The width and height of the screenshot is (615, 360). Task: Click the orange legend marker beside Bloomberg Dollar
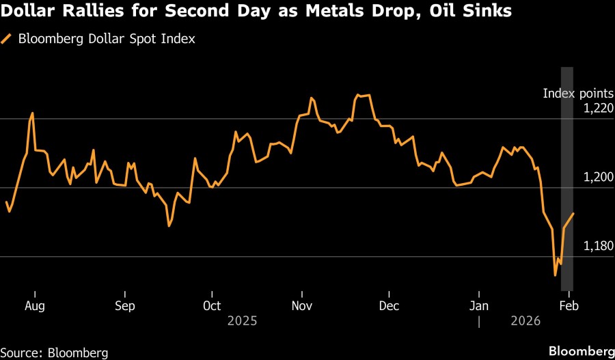tap(7, 39)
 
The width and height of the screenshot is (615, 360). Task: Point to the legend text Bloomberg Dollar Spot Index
tap(107, 39)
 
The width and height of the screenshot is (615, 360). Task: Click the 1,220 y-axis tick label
tap(599, 108)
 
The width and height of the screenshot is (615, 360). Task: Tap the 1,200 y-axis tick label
tap(599, 177)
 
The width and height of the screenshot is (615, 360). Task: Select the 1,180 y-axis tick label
tap(599, 246)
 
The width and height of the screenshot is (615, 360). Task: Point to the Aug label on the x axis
tap(34, 305)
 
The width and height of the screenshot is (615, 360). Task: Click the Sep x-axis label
tap(125, 305)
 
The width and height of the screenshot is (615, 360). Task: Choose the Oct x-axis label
tap(213, 305)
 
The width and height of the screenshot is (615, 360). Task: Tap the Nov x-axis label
tap(302, 305)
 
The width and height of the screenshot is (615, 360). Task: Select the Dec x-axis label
tap(389, 305)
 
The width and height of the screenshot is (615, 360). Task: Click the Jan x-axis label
tap(478, 305)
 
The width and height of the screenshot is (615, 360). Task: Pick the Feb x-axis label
tap(569, 305)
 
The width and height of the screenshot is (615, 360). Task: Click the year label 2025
tap(243, 320)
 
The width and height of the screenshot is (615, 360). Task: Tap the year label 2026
tap(525, 320)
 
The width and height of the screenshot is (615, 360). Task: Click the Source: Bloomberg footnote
tap(54, 352)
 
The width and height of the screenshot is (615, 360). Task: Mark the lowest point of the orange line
tap(555, 275)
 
